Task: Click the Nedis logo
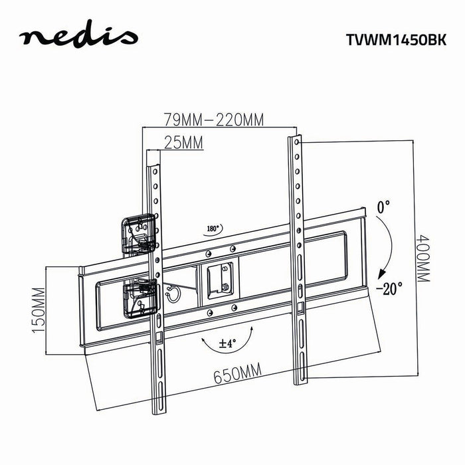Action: tap(78, 38)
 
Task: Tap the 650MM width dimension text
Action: tap(236, 375)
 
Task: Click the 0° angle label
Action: tap(384, 208)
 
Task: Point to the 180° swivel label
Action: tap(213, 228)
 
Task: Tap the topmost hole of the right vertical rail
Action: tap(296, 141)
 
